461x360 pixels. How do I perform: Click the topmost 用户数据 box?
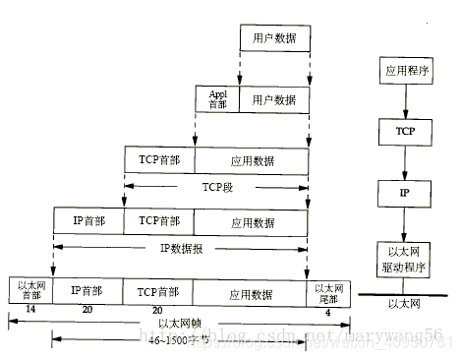tap(274, 38)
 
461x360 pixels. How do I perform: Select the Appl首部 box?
tap(217, 99)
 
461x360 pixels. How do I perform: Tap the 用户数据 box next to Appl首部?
tap(274, 99)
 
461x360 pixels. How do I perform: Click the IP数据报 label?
tap(181, 249)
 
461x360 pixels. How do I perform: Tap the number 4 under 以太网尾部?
tap(327, 310)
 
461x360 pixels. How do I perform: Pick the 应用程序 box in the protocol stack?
tap(404, 72)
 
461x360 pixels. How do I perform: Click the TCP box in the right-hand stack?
tap(404, 131)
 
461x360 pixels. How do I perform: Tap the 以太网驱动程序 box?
tap(404, 259)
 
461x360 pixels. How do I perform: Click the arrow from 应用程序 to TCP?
tap(404, 101)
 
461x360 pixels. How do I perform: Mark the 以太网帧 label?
tap(177, 323)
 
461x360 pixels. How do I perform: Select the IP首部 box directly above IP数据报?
tap(89, 221)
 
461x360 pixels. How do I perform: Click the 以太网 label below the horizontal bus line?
tap(404, 305)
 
